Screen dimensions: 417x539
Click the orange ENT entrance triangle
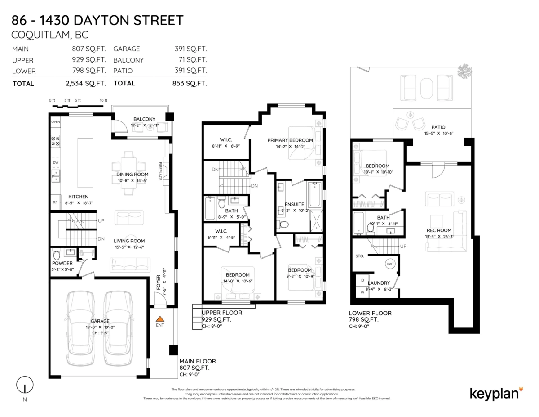tap(160, 318)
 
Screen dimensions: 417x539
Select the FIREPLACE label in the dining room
tap(159, 171)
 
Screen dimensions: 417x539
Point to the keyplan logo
tap(496, 393)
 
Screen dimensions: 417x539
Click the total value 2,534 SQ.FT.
tap(86, 83)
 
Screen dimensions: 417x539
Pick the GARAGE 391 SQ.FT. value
tap(190, 49)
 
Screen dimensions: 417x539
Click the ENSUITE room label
tap(295, 204)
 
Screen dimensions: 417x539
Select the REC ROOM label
tap(439, 230)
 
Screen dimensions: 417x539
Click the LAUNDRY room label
tap(379, 283)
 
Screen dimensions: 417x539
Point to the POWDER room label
tap(62, 263)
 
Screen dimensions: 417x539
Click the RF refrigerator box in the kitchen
tap(55, 202)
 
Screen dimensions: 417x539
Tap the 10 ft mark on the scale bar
tap(103, 100)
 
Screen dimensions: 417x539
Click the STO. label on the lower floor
tap(359, 256)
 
